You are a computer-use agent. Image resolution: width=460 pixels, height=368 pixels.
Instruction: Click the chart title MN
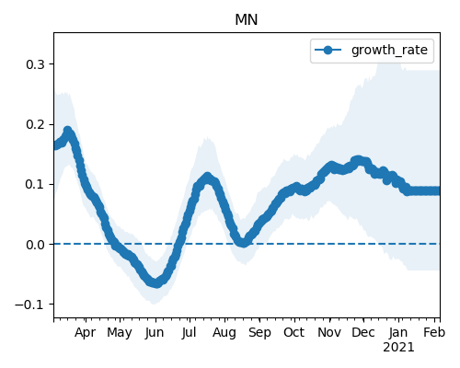(x=246, y=20)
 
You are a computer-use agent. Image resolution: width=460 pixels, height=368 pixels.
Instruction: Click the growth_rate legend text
(x=389, y=51)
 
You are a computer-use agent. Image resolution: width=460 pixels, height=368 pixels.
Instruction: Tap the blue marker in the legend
(x=328, y=50)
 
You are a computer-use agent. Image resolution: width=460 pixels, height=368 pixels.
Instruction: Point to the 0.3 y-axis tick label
(x=35, y=64)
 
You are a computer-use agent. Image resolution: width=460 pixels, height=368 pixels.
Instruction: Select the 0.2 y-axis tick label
(x=35, y=124)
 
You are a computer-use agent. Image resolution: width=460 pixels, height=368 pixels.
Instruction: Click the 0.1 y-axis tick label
(x=35, y=184)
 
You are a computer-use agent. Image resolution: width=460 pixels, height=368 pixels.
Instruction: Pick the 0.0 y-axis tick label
(x=35, y=245)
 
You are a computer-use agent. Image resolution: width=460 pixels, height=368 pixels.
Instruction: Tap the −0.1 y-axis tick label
(x=29, y=305)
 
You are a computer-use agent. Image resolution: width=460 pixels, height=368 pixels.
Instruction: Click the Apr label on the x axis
(x=85, y=333)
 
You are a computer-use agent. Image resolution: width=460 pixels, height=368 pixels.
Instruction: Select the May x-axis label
(x=120, y=333)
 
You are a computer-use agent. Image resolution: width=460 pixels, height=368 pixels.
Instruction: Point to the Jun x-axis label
(x=155, y=333)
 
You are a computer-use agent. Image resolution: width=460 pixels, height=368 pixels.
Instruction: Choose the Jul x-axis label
(x=189, y=333)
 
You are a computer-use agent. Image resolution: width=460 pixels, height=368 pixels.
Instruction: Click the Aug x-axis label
(x=224, y=333)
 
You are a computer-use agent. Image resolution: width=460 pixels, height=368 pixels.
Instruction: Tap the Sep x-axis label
(x=259, y=333)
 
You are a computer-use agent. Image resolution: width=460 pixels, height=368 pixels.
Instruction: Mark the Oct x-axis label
(x=294, y=333)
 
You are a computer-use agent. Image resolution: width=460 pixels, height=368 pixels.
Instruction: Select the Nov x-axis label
(x=329, y=333)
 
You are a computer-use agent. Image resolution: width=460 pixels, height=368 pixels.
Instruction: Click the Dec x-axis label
(x=363, y=333)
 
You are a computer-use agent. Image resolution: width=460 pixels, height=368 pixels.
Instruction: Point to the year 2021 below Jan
(x=398, y=348)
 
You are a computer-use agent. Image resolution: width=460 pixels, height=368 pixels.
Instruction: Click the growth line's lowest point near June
(x=156, y=283)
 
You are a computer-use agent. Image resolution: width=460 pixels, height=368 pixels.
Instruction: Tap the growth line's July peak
(x=208, y=178)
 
